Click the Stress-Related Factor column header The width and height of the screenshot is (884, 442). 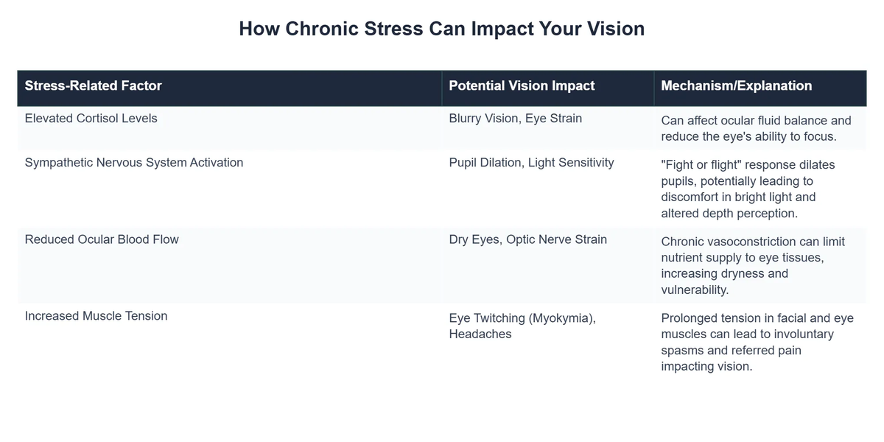[93, 85]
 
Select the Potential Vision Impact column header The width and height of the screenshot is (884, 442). [522, 85]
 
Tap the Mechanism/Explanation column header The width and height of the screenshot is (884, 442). [737, 85]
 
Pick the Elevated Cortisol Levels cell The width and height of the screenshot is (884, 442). [91, 118]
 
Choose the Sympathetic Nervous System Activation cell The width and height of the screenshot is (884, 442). [133, 162]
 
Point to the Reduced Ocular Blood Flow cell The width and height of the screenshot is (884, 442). [102, 239]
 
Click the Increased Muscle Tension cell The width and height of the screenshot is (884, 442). [96, 316]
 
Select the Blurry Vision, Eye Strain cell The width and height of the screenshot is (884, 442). [515, 118]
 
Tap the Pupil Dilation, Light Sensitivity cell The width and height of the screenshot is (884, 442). [531, 162]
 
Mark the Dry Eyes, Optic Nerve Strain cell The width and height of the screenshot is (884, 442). [527, 239]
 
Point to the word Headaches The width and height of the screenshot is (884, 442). [480, 334]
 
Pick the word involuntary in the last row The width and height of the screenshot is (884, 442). [822, 334]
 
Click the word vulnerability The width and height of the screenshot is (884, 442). [695, 290]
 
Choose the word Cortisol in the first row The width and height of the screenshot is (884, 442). [99, 118]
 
